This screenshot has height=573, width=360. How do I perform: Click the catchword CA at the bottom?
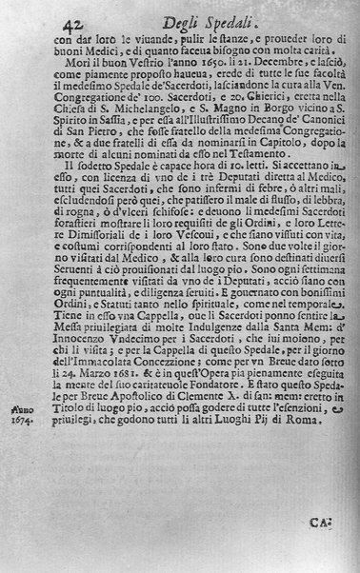[321, 522]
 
